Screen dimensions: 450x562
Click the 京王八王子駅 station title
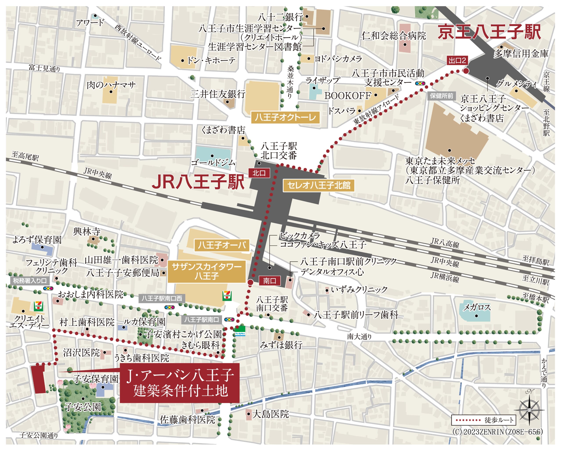(x=489, y=32)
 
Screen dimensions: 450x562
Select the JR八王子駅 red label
(x=198, y=182)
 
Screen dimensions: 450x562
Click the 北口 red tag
(x=259, y=173)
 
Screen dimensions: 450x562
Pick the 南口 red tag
(x=270, y=281)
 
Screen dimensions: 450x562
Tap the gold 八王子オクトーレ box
(x=285, y=117)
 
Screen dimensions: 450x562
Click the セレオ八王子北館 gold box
(x=319, y=185)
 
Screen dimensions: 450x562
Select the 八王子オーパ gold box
(x=222, y=245)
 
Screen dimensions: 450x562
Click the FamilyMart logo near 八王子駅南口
(x=240, y=331)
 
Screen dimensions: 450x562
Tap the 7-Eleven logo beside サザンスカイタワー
(x=227, y=296)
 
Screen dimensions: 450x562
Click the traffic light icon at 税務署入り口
(x=48, y=288)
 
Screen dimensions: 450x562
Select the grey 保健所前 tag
(x=441, y=96)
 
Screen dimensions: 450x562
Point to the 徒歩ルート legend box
(x=484, y=420)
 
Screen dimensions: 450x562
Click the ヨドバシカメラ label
(x=338, y=59)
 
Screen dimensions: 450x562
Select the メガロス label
(x=477, y=308)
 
